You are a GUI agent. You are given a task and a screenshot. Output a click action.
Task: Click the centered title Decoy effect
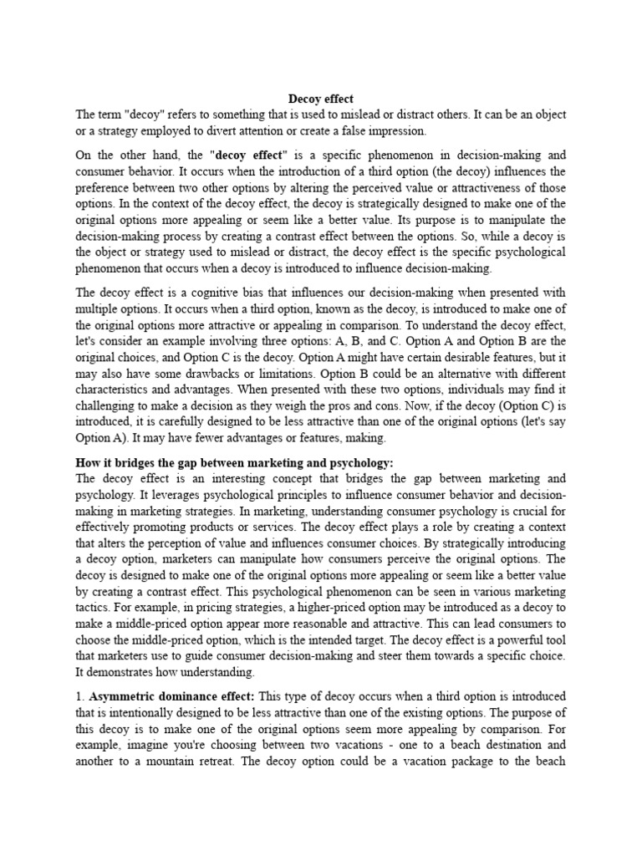(321, 98)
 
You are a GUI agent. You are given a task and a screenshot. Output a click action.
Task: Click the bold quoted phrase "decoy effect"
(250, 155)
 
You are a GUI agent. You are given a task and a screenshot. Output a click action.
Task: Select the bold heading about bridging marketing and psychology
(234, 462)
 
